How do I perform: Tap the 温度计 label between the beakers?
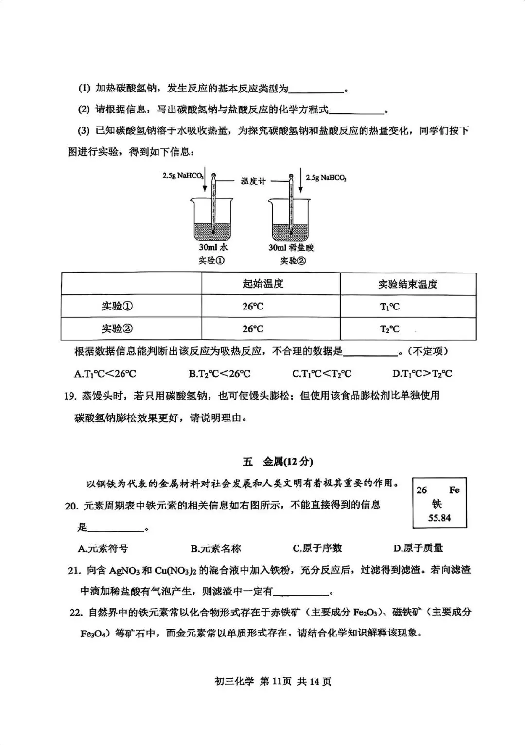[x=253, y=181]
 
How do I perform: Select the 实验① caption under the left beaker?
[x=211, y=260]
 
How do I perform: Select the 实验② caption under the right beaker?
[x=293, y=261]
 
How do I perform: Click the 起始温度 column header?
[x=263, y=284]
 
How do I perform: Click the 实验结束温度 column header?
[x=408, y=284]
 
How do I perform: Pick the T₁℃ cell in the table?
[x=390, y=307]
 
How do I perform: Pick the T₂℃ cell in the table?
[x=390, y=329]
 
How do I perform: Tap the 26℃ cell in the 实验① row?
[x=253, y=307]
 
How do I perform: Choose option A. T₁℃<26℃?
[x=105, y=374]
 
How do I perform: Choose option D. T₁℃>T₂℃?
[x=422, y=374]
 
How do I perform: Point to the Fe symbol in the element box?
[x=454, y=490]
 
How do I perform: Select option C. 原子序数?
[x=317, y=548]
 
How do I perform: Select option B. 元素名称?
[x=215, y=549]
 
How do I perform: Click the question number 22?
[x=75, y=612]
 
